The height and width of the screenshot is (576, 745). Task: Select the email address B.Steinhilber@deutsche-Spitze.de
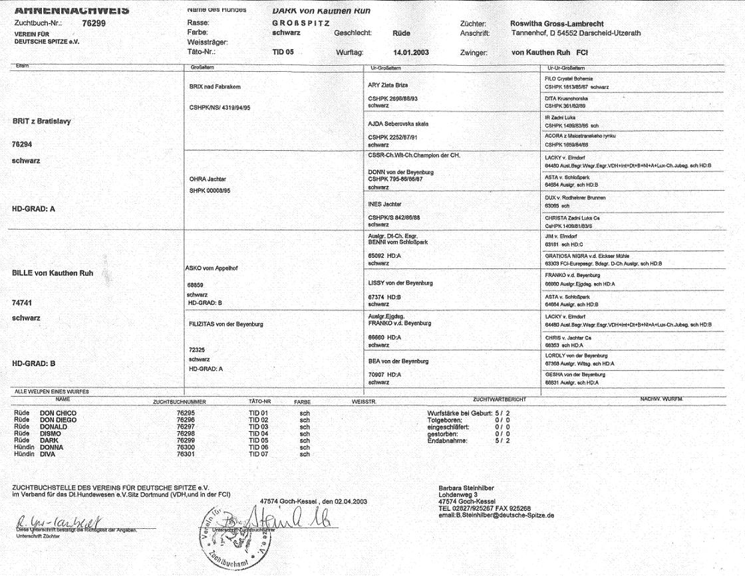497,515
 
